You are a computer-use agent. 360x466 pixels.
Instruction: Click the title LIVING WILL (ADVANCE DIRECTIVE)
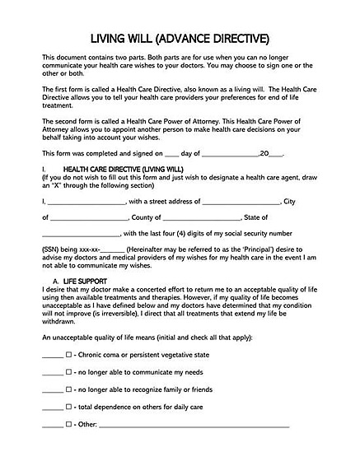(x=180, y=39)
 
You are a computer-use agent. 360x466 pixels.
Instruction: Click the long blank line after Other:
(x=194, y=426)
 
